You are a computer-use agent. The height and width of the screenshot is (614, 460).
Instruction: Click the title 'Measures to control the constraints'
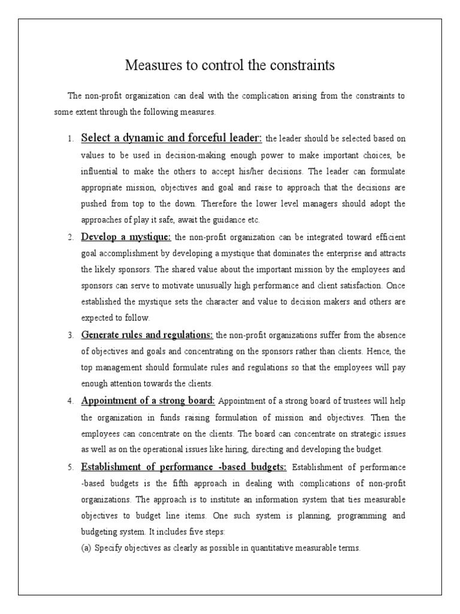pyautogui.click(x=230, y=65)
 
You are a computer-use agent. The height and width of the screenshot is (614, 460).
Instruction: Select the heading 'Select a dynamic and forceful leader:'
pyautogui.click(x=171, y=138)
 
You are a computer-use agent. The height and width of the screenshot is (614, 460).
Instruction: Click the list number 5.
pyautogui.click(x=69, y=467)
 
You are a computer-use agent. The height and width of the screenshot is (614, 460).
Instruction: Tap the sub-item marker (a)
pyautogui.click(x=87, y=547)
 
